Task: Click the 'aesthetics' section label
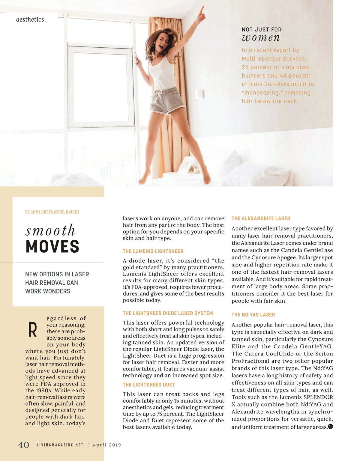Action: pyautogui.click(x=30, y=19)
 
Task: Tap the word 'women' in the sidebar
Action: pyautogui.click(x=261, y=38)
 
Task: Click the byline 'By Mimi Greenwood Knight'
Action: pyautogui.click(x=52, y=212)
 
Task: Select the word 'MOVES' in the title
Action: pyautogui.click(x=52, y=247)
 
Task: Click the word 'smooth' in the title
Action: pyautogui.click(x=50, y=230)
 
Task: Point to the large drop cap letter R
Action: pyautogui.click(x=32, y=330)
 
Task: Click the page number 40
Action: pyautogui.click(x=24, y=445)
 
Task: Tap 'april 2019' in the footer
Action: pyautogui.click(x=107, y=445)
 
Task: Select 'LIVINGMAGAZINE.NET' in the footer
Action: pyautogui.click(x=60, y=445)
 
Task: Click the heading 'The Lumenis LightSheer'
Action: pyautogui.click(x=153, y=251)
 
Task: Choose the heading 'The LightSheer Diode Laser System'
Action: pyautogui.click(x=168, y=313)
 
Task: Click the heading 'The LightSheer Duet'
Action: pyautogui.click(x=149, y=385)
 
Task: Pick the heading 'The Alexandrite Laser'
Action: pyautogui.click(x=261, y=219)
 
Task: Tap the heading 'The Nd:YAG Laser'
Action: pyautogui.click(x=253, y=315)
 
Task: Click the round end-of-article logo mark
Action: pyautogui.click(x=331, y=426)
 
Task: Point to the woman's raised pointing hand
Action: pyautogui.click(x=201, y=11)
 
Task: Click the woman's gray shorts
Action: pyautogui.click(x=163, y=100)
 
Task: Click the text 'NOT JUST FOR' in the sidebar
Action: pyautogui.click(x=262, y=29)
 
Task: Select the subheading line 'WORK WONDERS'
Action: pyautogui.click(x=48, y=291)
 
